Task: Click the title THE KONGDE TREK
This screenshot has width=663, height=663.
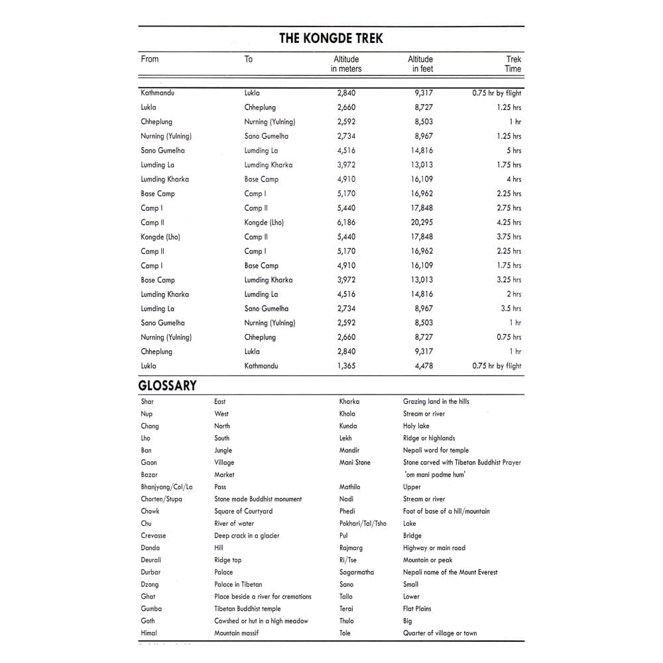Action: click(331, 38)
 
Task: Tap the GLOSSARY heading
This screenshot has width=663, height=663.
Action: click(167, 385)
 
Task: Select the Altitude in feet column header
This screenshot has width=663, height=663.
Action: click(420, 64)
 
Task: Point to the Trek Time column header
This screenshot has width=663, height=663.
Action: click(512, 64)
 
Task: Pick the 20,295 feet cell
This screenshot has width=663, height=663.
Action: click(422, 223)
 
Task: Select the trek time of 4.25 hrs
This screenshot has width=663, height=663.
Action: click(509, 223)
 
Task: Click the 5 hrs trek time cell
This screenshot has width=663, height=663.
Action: click(514, 151)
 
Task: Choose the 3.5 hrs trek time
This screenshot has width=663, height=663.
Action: click(511, 308)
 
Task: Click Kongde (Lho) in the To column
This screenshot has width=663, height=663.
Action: click(264, 223)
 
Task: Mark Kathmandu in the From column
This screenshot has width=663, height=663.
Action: click(157, 93)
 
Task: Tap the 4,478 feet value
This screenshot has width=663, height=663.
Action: click(424, 366)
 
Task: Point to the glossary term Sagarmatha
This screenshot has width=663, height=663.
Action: click(356, 572)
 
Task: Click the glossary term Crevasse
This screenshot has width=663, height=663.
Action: click(153, 536)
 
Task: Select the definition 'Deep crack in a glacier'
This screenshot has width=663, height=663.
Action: click(247, 536)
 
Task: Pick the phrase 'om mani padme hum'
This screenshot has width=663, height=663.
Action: click(435, 475)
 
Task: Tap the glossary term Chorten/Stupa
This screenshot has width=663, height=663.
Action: click(161, 499)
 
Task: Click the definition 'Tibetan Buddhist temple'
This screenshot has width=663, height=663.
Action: click(247, 609)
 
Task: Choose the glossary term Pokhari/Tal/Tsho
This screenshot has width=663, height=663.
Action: click(363, 524)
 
